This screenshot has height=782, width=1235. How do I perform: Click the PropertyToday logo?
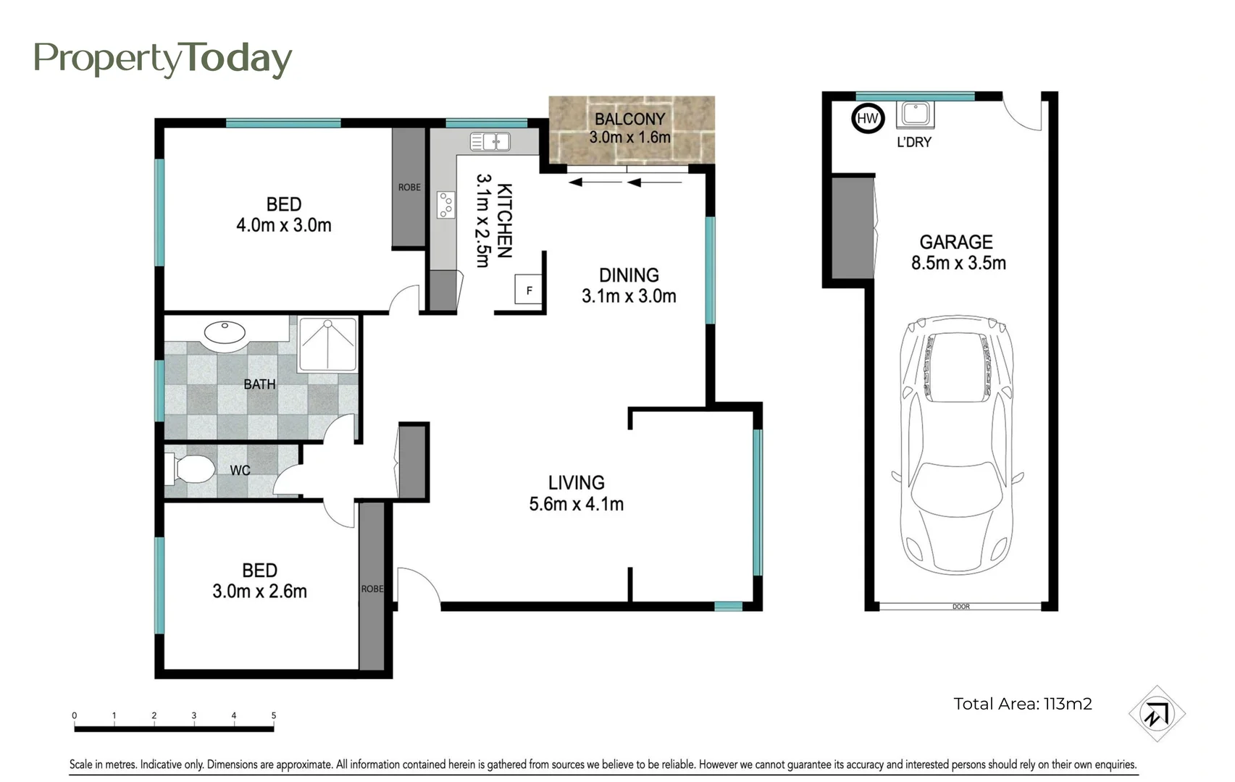pyautogui.click(x=163, y=59)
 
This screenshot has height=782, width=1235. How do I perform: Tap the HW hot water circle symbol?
pyautogui.click(x=867, y=118)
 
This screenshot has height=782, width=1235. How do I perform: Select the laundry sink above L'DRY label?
pyautogui.click(x=915, y=114)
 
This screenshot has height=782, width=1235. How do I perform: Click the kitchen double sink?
pyautogui.click(x=490, y=141)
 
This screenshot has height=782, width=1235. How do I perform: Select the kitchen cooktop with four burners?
pyautogui.click(x=445, y=205)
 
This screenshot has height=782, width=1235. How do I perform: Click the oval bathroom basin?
pyautogui.click(x=225, y=332)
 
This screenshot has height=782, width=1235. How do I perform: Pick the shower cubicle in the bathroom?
pyautogui.click(x=328, y=344)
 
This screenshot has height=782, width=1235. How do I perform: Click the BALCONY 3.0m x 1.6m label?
pyautogui.click(x=629, y=128)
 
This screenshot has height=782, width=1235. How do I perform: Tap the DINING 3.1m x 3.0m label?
pyautogui.click(x=629, y=285)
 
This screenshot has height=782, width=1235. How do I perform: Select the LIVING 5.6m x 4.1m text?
pyautogui.click(x=577, y=493)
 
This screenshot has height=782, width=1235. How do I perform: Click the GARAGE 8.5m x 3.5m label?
pyautogui.click(x=958, y=252)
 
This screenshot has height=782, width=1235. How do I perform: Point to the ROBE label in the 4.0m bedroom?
pyautogui.click(x=409, y=187)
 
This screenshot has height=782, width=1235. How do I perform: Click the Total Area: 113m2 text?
pyautogui.click(x=1022, y=704)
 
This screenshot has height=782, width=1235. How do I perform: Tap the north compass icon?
pyautogui.click(x=1156, y=714)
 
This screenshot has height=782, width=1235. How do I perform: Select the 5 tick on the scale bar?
pyautogui.click(x=274, y=716)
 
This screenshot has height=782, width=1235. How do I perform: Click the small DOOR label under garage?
pyautogui.click(x=960, y=607)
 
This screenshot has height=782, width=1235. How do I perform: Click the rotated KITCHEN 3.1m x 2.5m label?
pyautogui.click(x=494, y=220)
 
